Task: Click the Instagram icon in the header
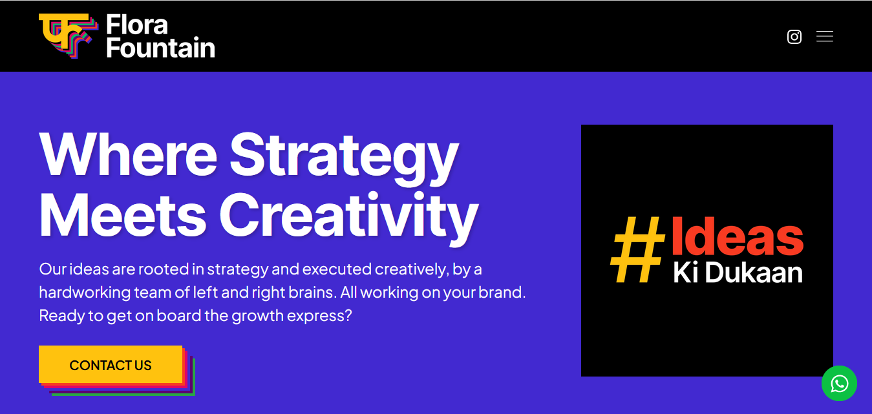[794, 37]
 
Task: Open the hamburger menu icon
[825, 37]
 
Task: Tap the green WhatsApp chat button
[839, 383]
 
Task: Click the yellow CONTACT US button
[111, 364]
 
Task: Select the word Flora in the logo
[136, 25]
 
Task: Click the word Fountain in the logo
[160, 48]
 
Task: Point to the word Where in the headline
[128, 156]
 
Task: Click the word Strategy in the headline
[345, 160]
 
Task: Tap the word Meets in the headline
[123, 215]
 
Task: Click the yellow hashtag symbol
[637, 249]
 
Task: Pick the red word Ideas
[738, 236]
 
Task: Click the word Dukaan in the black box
[754, 273]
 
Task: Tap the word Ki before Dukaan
[685, 273]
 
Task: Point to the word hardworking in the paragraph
[85, 293]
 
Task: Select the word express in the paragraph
[319, 316]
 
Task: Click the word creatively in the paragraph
[412, 269]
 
